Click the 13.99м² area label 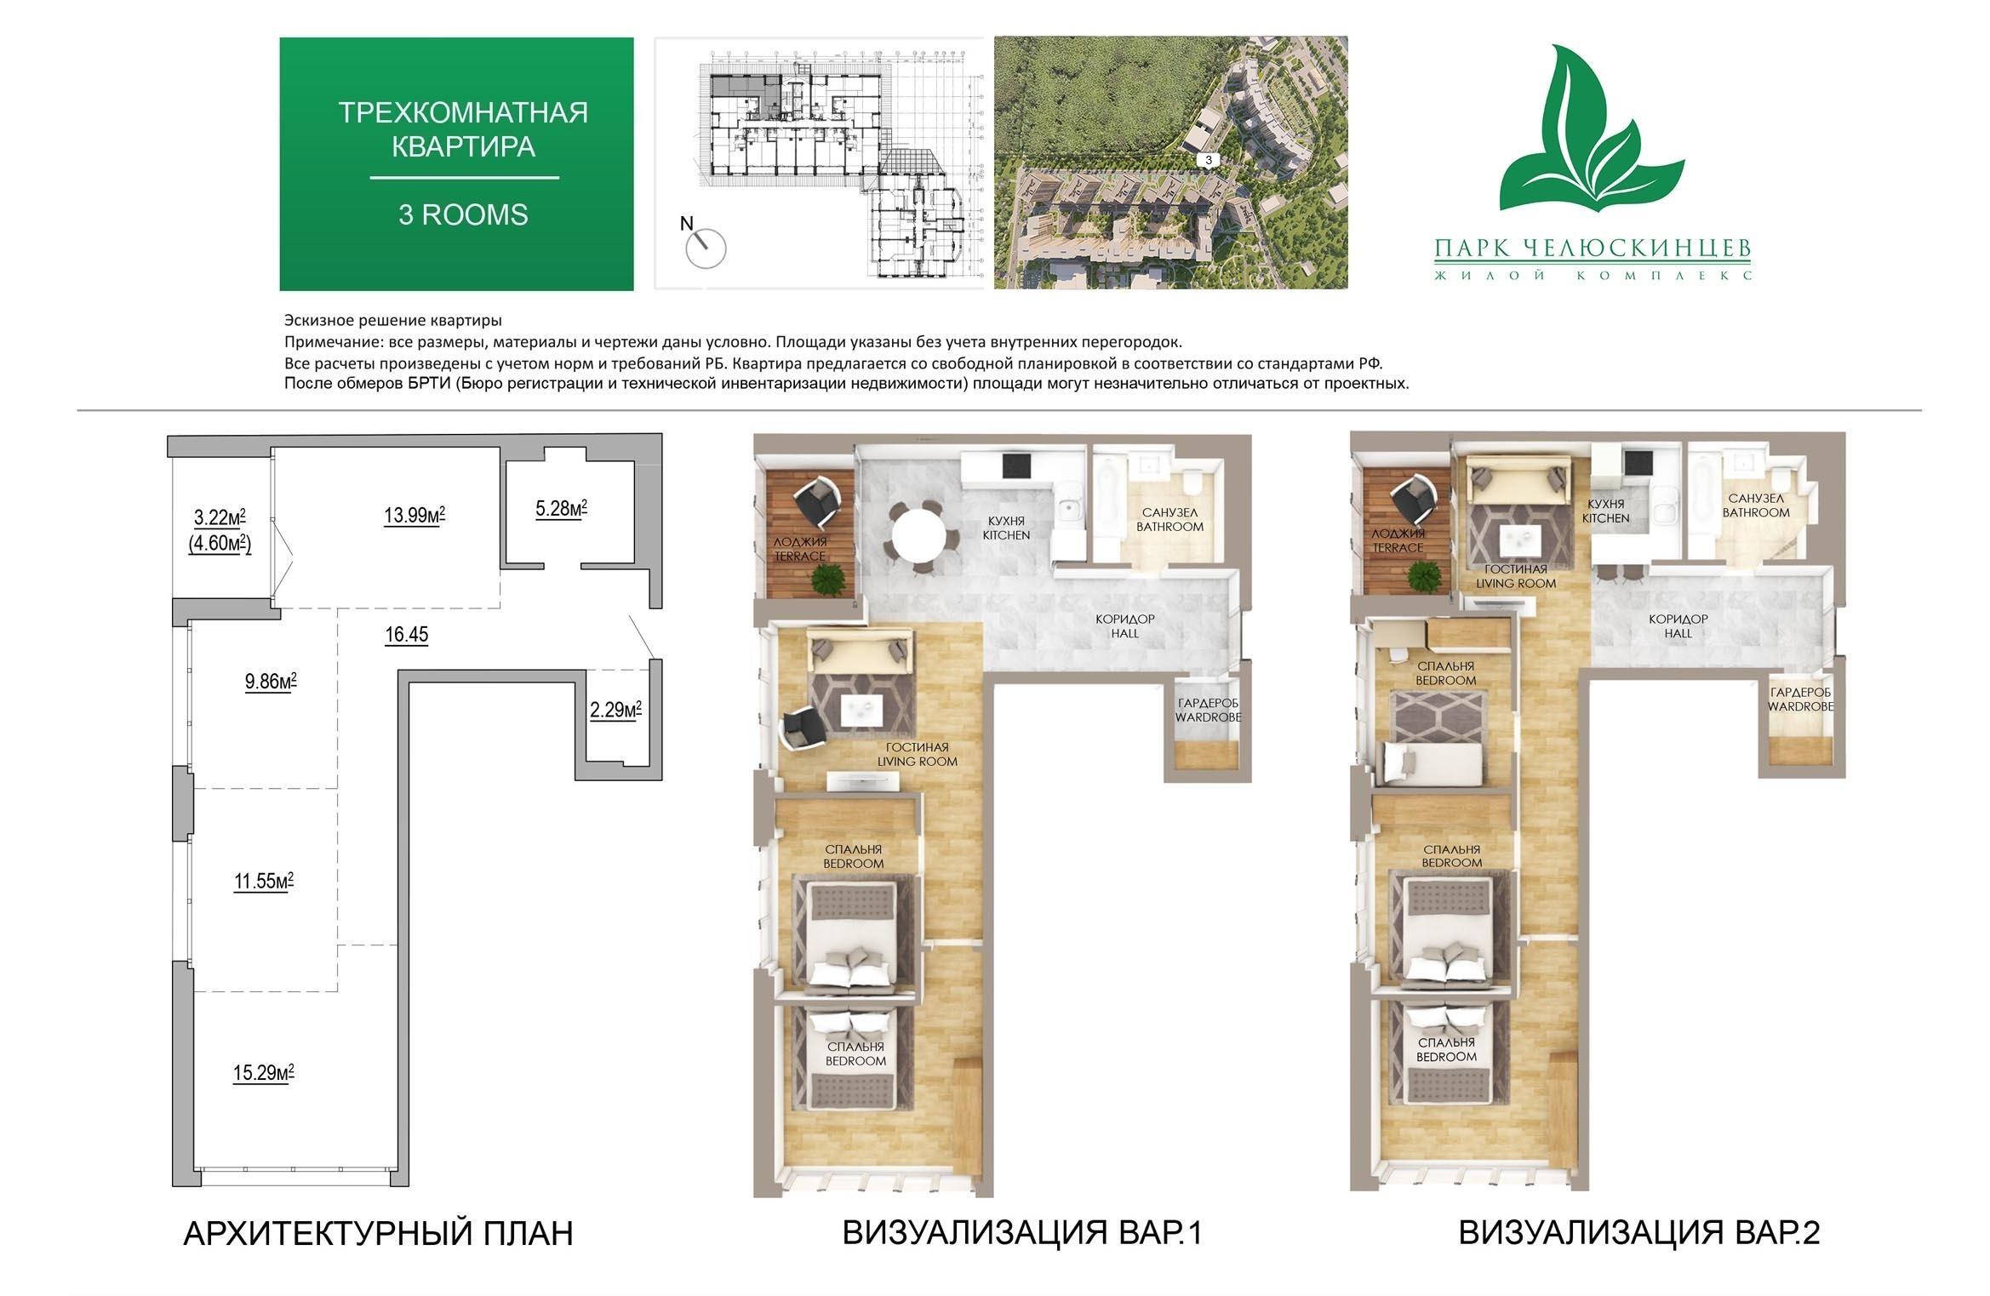point(415,515)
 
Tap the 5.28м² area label point(561,509)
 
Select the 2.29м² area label point(615,709)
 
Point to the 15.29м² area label point(264,1072)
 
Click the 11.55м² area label point(264,881)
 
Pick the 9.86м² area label point(271,681)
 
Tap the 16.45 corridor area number point(407,634)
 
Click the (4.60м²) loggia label point(220,543)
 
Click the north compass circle point(706,249)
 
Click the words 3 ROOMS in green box point(463,214)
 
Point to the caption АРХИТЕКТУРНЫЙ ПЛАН point(378,1233)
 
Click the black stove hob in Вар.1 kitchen point(1018,465)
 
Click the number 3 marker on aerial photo point(1208,160)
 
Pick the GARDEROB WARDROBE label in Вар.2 point(1800,699)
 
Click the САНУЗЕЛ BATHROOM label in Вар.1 point(1169,519)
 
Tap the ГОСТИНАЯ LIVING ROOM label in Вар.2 point(1516,576)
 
